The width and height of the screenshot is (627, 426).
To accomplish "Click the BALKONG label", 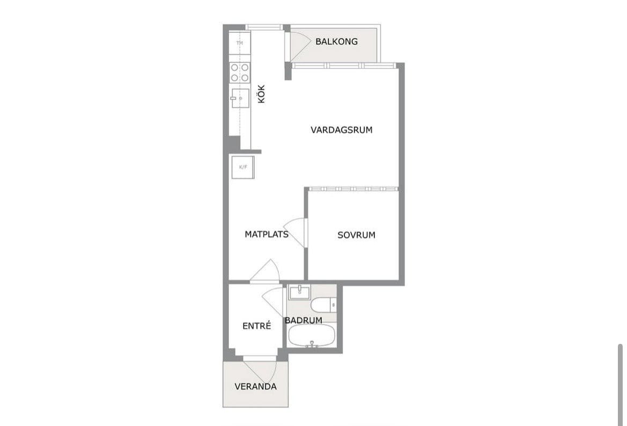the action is coord(336,41).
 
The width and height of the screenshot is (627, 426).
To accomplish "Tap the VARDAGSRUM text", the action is coord(342,129).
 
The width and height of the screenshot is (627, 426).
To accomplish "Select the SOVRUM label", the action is coord(356,235).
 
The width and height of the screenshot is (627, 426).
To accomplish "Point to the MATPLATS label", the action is coord(267,234).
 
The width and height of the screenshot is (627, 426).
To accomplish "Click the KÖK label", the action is coord(262,95).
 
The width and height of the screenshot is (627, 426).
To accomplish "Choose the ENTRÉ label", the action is coord(257,326).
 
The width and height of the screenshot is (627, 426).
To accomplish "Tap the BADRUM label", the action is coord(304,320).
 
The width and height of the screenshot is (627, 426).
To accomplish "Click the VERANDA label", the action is coord(255,386).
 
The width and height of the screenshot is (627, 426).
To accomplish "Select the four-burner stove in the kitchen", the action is coord(240,73).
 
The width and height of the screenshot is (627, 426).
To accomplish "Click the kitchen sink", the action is coord(240,98).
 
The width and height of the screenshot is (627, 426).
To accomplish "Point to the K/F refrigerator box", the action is coord(243,167).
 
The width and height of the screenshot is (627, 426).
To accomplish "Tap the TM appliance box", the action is coord(240,43).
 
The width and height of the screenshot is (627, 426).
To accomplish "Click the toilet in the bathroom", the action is coord(323,305).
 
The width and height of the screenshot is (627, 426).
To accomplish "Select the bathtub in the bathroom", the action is coord(311,336).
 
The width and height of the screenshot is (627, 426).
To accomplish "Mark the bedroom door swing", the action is coord(296,233).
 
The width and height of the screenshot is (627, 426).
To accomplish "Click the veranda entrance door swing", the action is coord(260,372).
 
